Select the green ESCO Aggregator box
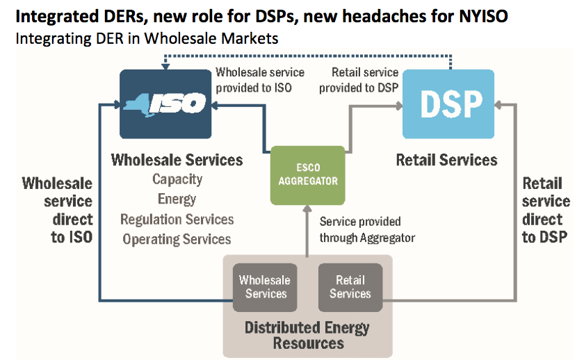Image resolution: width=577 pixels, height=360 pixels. click(x=307, y=175)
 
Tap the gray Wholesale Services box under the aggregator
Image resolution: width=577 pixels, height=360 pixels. click(x=263, y=286)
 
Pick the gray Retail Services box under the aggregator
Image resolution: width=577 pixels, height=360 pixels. click(x=350, y=286)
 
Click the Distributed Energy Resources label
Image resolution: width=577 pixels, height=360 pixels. click(x=307, y=335)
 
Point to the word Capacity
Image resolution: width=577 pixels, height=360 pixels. click(x=177, y=179)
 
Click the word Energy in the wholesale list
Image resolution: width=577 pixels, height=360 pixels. click(x=177, y=199)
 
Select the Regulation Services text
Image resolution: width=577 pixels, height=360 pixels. click(x=177, y=220)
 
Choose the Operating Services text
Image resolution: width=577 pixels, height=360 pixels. click(x=177, y=240)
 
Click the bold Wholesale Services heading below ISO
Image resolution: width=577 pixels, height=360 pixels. click(x=177, y=160)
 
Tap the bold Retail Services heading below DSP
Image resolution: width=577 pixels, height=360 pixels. click(x=446, y=160)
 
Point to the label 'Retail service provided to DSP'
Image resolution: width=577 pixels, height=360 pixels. click(x=359, y=79)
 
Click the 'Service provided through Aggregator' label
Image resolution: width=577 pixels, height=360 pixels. click(x=367, y=230)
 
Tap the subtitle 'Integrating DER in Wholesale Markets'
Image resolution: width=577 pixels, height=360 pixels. click(x=147, y=38)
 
